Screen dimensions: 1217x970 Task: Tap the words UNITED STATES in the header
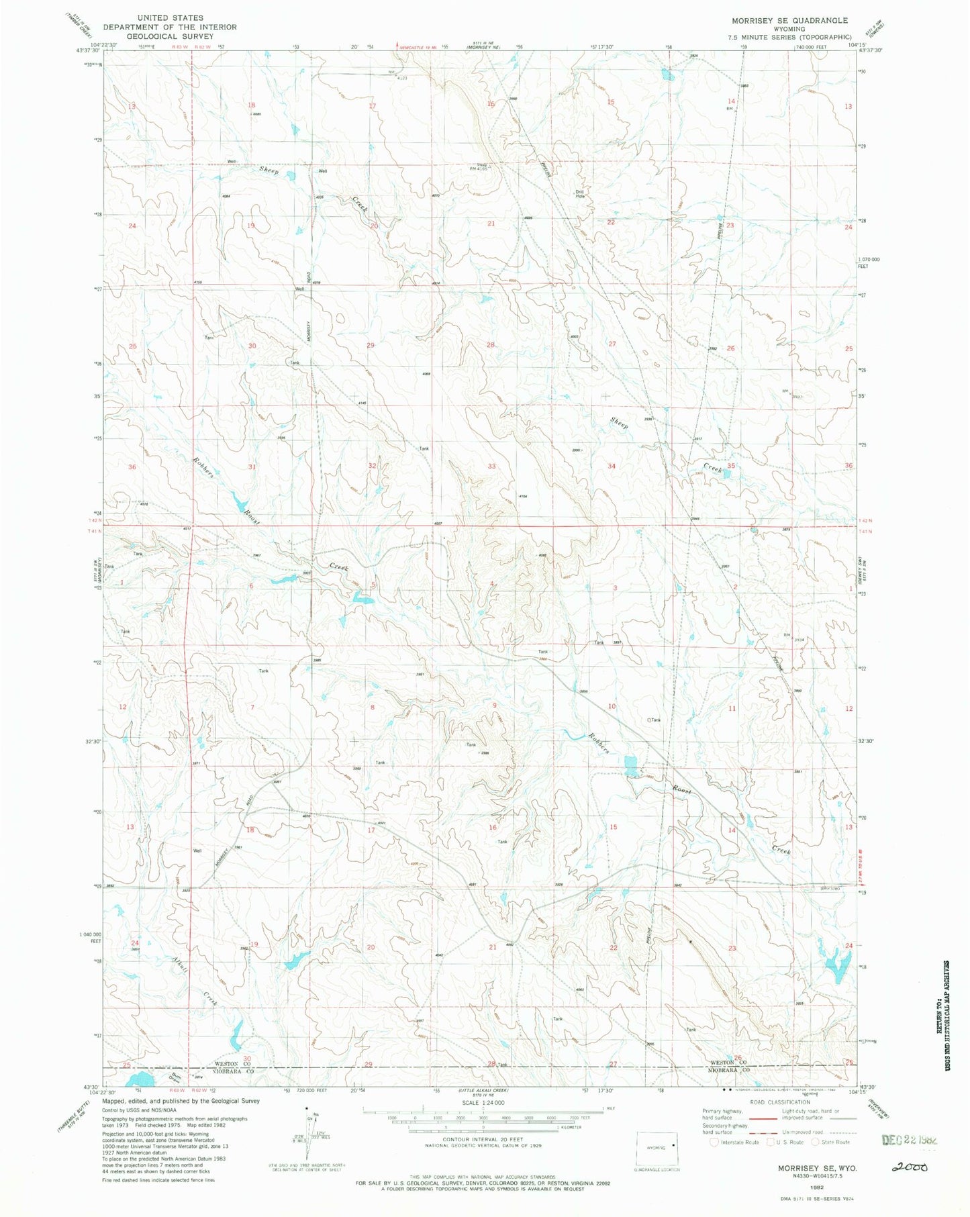click(169, 17)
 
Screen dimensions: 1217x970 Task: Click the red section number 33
click(492, 466)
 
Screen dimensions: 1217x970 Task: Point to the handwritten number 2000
click(910, 1167)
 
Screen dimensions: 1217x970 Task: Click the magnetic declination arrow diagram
click(311, 1136)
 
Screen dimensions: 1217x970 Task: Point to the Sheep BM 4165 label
click(481, 166)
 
